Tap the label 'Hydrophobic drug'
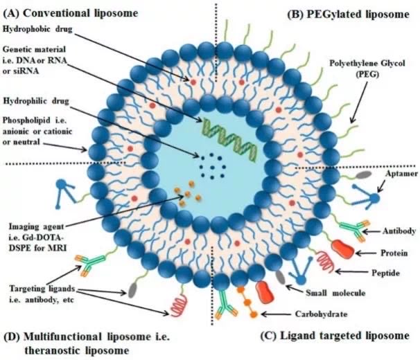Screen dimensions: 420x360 pyautogui.click(x=37, y=29)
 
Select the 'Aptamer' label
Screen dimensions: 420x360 pyautogui.click(x=401, y=174)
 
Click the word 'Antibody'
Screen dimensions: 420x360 pyautogui.click(x=399, y=231)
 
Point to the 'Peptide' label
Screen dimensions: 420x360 pyautogui.click(x=386, y=273)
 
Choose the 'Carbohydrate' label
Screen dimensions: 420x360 pyautogui.click(x=321, y=314)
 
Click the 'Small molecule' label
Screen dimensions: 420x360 pyautogui.click(x=335, y=293)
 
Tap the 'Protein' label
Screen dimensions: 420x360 pyautogui.click(x=394, y=253)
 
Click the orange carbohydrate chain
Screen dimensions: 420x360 pyautogui.click(x=247, y=302)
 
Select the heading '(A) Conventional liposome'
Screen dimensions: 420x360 pyautogui.click(x=71, y=13)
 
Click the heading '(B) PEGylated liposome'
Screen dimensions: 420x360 pyautogui.click(x=348, y=14)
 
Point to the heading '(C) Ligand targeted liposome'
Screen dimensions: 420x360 pyautogui.click(x=335, y=336)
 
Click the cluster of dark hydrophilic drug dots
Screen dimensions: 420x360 pyautogui.click(x=212, y=166)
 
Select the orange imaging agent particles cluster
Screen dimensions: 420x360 pyautogui.click(x=188, y=194)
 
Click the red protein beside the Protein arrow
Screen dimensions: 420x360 pyautogui.click(x=343, y=249)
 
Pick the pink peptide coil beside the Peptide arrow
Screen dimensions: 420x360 pyautogui.click(x=326, y=262)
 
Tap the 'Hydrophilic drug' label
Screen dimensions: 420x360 pyautogui.click(x=36, y=101)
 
